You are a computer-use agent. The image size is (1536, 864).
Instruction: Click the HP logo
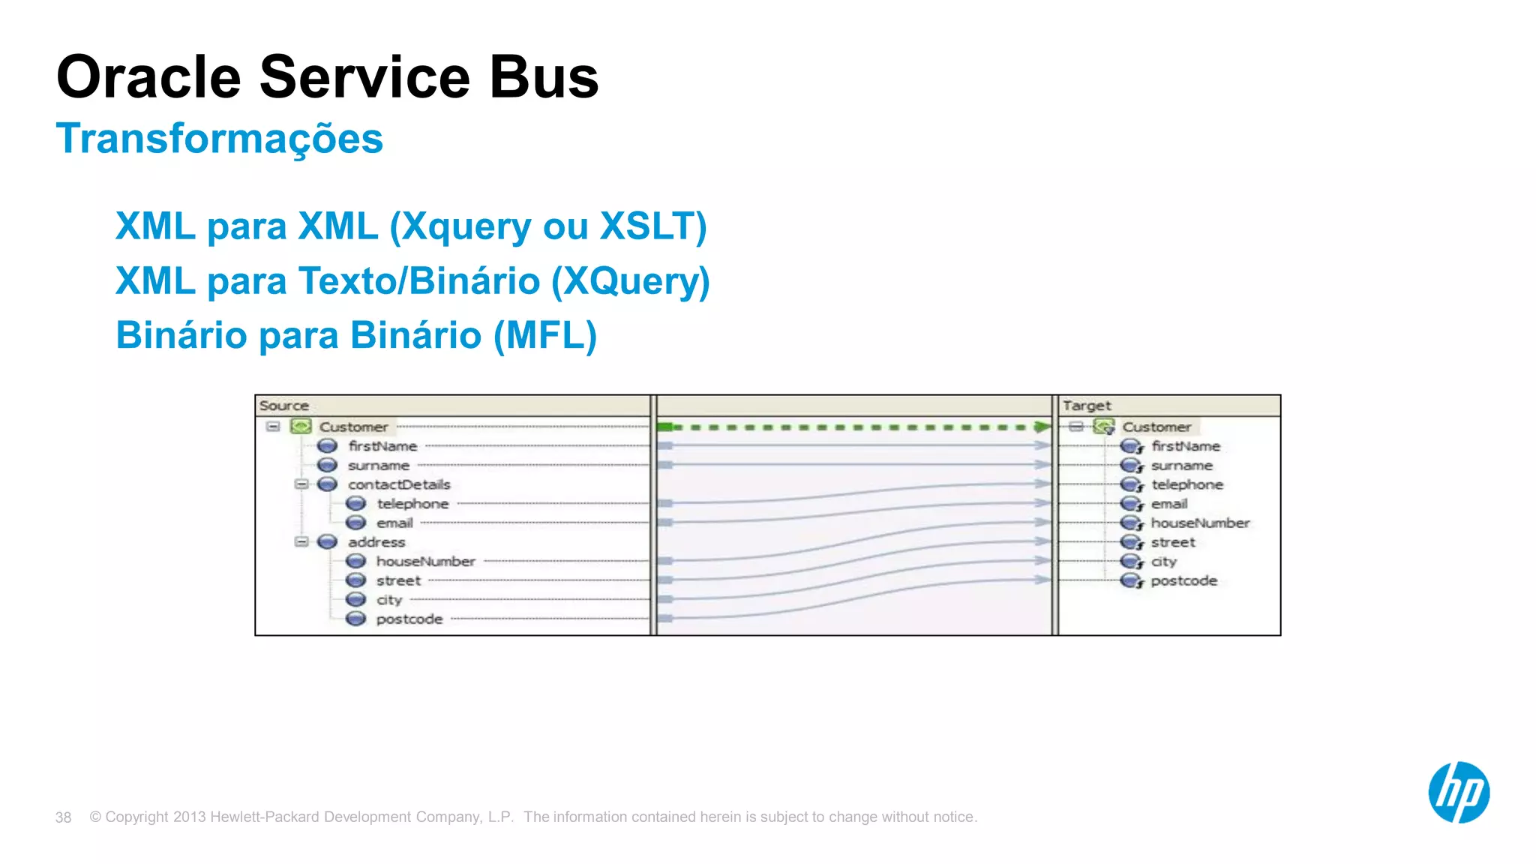(1458, 792)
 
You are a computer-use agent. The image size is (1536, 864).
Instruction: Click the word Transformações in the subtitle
(219, 139)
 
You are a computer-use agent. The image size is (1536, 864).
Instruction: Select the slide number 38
(63, 817)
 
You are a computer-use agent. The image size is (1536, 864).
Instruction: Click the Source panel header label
(283, 406)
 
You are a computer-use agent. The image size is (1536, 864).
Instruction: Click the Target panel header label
(1086, 406)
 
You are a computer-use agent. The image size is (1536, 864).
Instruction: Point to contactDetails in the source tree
(398, 484)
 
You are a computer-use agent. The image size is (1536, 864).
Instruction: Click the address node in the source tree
(376, 541)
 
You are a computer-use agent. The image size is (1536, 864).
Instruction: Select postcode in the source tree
(409, 619)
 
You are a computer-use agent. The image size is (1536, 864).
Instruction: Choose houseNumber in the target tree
(1199, 523)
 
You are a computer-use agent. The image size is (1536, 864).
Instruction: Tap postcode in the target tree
(1183, 580)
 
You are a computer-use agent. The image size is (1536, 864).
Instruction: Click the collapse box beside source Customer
(273, 426)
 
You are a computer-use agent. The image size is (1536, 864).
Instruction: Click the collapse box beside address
(301, 541)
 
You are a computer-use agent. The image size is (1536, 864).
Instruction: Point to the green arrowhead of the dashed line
(1042, 427)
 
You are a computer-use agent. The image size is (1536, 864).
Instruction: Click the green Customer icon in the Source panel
(301, 426)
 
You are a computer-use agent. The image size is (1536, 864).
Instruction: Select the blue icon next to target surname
(1130, 466)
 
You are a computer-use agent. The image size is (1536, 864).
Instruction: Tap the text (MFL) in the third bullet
(544, 335)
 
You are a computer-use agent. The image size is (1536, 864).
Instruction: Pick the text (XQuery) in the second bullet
(630, 281)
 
